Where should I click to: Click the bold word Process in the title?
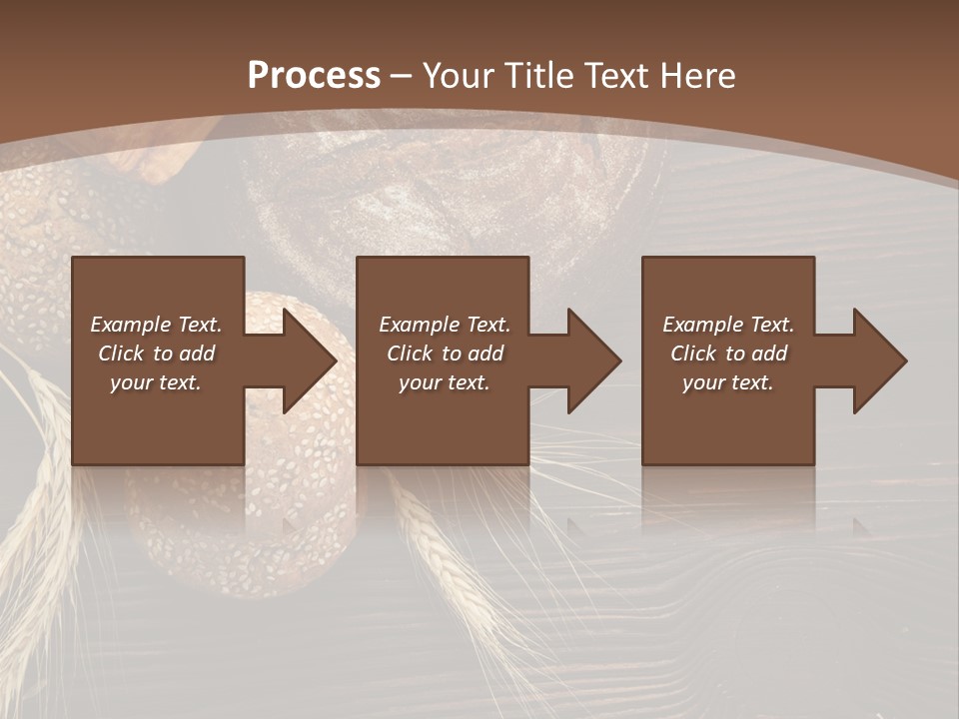(314, 75)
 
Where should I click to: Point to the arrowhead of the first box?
(309, 360)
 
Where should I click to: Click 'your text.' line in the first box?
(156, 382)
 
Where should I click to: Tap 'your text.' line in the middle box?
(444, 382)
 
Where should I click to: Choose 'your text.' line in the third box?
(728, 382)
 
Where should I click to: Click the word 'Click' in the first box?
(121, 354)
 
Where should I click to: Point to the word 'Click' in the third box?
(693, 354)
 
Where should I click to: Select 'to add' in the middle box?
(473, 354)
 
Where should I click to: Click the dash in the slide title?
(402, 76)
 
